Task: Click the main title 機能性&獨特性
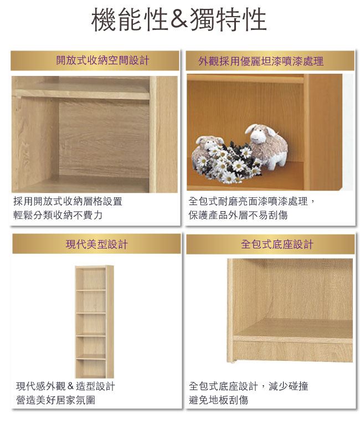[179, 19]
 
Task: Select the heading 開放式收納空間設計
[102, 60]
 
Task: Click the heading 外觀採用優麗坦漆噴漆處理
[261, 62]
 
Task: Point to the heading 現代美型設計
[96, 244]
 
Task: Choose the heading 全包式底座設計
[277, 244]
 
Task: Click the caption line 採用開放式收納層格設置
[68, 201]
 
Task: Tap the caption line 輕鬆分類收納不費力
[58, 215]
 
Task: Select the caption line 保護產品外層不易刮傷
[238, 215]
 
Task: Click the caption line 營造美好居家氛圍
[56, 400]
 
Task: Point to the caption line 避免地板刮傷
[218, 400]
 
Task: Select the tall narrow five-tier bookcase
[94, 321]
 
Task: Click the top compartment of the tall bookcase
[91, 279]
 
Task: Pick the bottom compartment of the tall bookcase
[91, 367]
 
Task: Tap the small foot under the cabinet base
[233, 361]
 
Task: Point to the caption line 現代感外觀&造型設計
[66, 386]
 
